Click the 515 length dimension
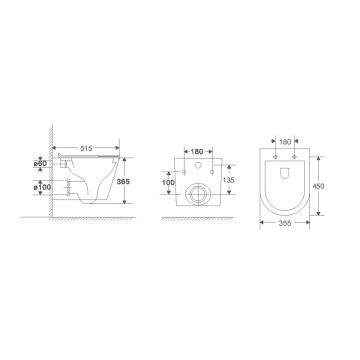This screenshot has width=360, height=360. coord(86,148)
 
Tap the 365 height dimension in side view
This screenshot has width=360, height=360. coord(123,181)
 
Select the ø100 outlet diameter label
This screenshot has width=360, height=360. coord(42,187)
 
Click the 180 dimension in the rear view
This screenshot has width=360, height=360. coord(198,151)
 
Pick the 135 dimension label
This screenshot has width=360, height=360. coord(229,180)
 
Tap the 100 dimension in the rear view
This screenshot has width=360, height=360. coord(169,182)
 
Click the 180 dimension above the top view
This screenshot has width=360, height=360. coord(285,142)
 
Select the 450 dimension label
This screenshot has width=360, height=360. coord(318,186)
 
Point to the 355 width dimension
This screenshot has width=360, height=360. coord(285,223)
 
